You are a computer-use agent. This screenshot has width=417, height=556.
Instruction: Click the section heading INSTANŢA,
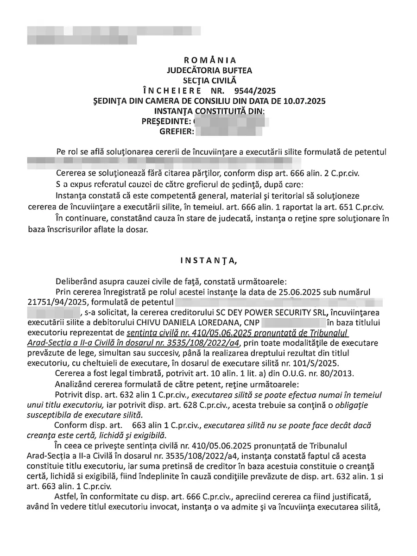coord(208,260)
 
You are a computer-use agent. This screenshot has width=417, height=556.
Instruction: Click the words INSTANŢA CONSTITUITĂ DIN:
coord(210,111)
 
